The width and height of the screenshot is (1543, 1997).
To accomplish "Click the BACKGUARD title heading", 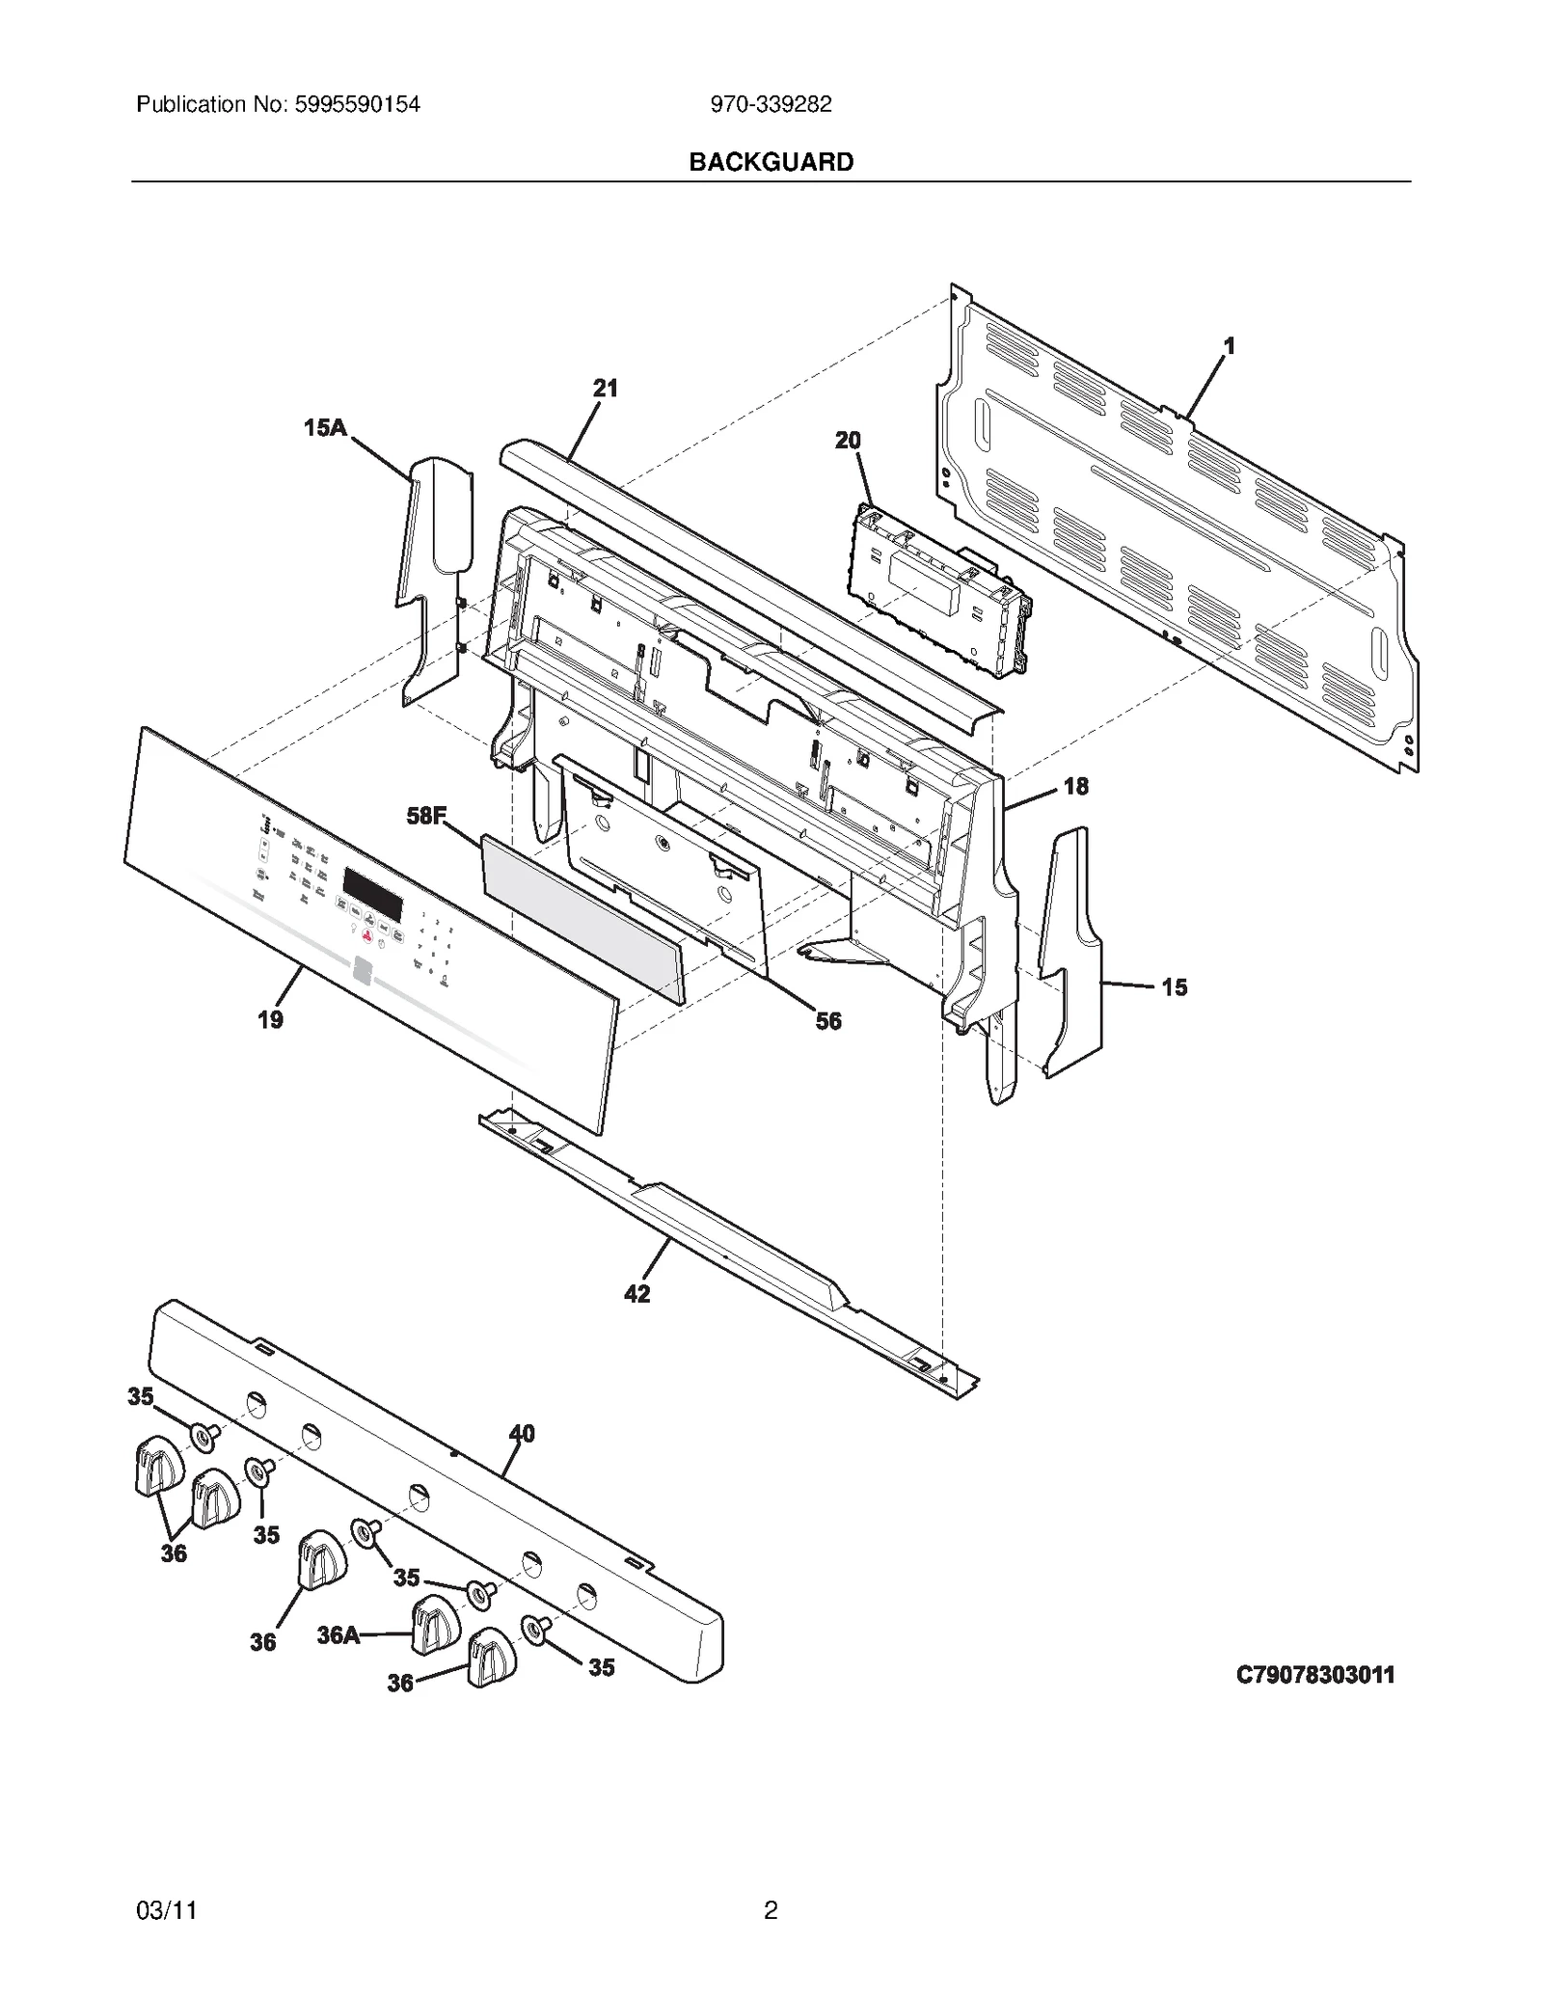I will click(771, 162).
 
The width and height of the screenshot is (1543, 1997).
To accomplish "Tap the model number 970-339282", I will click(771, 105).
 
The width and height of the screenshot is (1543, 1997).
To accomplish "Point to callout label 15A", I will click(325, 427).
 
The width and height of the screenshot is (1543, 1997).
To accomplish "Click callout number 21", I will click(605, 389).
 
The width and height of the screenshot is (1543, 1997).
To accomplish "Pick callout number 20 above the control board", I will click(848, 441).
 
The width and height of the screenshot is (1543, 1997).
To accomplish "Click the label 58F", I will click(425, 816).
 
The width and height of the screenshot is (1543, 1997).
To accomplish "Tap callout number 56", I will click(828, 1020).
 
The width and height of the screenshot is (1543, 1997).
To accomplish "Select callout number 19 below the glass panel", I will click(270, 1019).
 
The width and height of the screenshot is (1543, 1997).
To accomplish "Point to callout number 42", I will click(636, 1294).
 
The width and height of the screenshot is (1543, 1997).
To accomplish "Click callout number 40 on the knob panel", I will click(522, 1434).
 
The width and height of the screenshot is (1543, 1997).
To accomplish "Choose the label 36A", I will click(338, 1634).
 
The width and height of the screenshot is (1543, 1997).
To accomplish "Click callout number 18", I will click(1075, 787).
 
